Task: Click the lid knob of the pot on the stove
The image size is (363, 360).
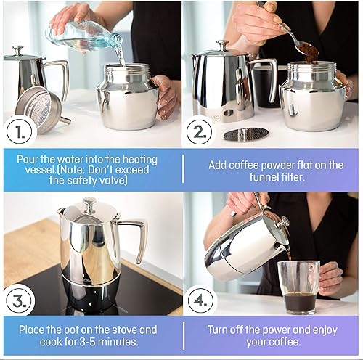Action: (x=89, y=204)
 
